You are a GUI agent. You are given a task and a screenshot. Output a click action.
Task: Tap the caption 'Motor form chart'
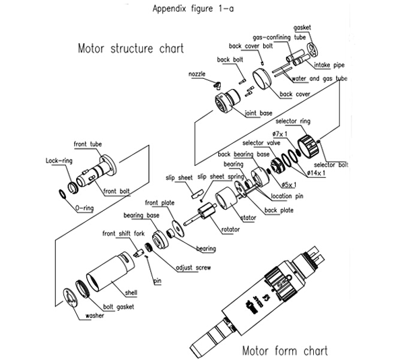(285, 351)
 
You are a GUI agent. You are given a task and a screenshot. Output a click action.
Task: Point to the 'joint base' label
(259, 113)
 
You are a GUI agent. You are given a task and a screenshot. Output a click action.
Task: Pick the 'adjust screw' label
(193, 268)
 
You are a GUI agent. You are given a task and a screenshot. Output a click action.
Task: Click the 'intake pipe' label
(330, 65)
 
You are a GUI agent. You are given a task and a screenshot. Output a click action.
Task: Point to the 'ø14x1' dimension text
(318, 173)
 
